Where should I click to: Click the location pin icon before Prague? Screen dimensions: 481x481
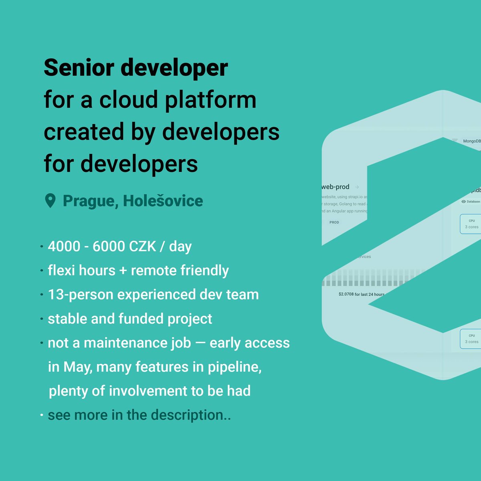coord(50,201)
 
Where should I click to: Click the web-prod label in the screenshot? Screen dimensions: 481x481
coord(335,187)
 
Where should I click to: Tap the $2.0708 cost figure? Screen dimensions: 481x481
coord(346,294)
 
